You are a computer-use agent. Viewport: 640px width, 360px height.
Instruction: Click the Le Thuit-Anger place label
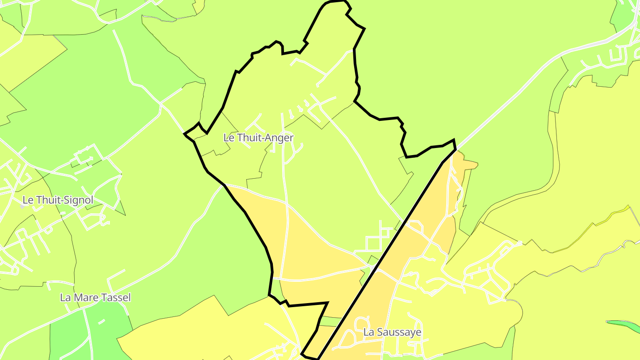click(x=258, y=138)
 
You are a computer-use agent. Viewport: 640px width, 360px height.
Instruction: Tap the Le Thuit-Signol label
click(x=58, y=200)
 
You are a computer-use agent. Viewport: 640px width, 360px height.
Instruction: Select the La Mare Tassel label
click(x=96, y=297)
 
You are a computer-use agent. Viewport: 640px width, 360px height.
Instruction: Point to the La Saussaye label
click(x=392, y=332)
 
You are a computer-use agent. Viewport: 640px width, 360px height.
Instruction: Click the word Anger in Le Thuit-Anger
click(x=279, y=138)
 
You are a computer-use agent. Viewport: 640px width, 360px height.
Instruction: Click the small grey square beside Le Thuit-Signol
click(x=22, y=207)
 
